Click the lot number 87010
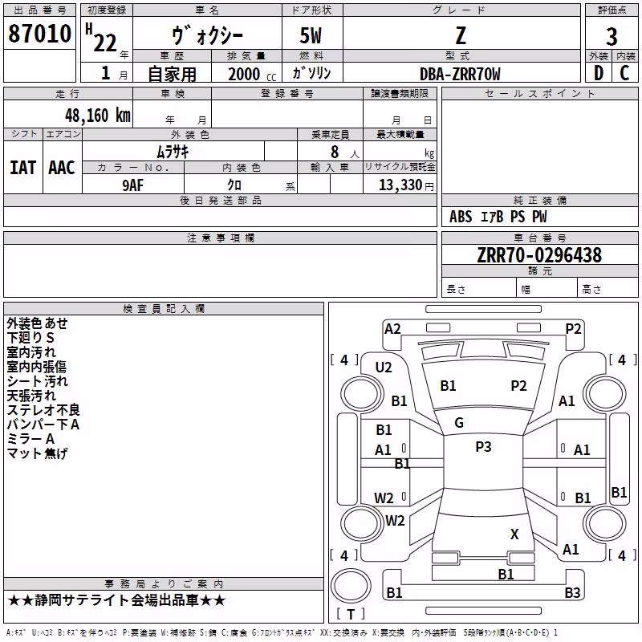pyautogui.click(x=39, y=34)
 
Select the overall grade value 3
pyautogui.click(x=612, y=37)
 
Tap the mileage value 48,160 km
pyautogui.click(x=98, y=116)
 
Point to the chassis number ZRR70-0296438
pyautogui.click(x=539, y=255)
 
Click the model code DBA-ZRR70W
pyautogui.click(x=460, y=74)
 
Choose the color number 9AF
pyautogui.click(x=133, y=185)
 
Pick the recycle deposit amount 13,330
pyautogui.click(x=400, y=185)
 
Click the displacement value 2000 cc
pyautogui.click(x=252, y=74)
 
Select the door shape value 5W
pyautogui.click(x=311, y=35)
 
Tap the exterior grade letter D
pyautogui.click(x=599, y=73)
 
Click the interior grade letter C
pyautogui.click(x=624, y=73)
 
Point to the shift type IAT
pyautogui.click(x=22, y=168)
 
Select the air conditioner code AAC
pyautogui.click(x=62, y=168)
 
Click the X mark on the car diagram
pyautogui.click(x=514, y=534)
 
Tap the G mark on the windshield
pyautogui.click(x=459, y=422)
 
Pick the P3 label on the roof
pyautogui.click(x=483, y=446)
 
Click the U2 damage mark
pyautogui.click(x=384, y=368)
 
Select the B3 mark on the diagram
pyautogui.click(x=572, y=592)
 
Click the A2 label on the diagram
pyautogui.click(x=392, y=329)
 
